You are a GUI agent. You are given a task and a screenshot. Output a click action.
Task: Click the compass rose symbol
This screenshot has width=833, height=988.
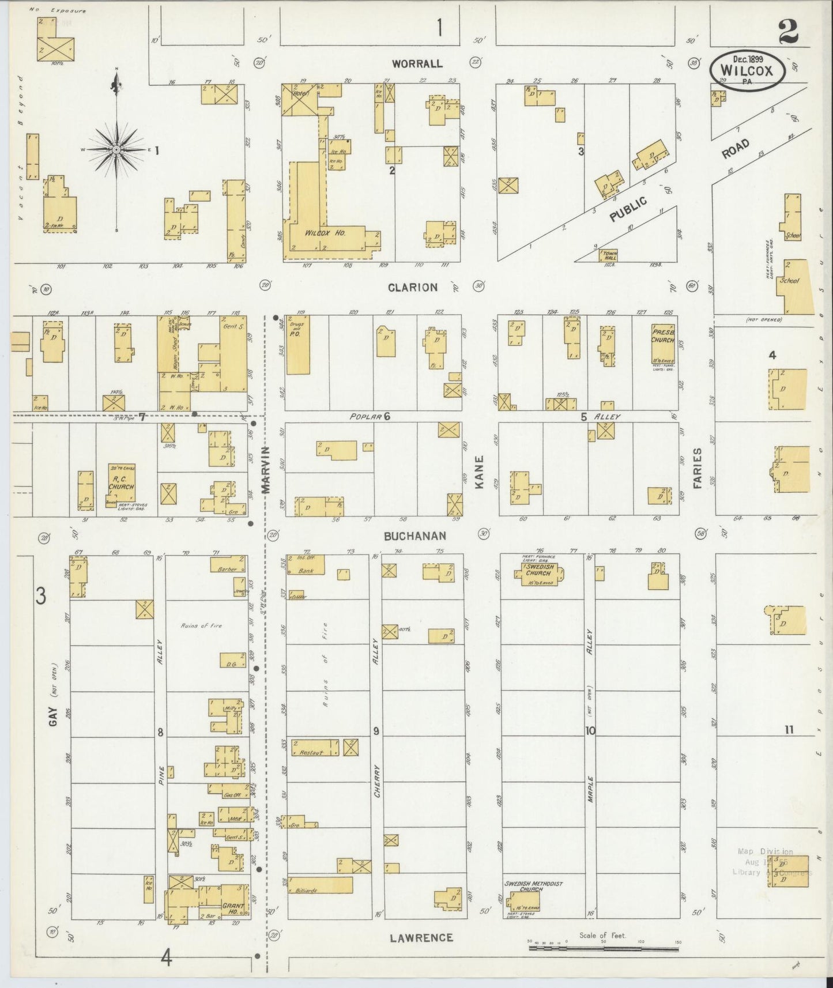116,149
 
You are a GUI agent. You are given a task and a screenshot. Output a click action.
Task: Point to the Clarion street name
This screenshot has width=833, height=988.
413,287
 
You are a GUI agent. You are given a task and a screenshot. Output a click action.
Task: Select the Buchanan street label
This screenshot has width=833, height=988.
415,536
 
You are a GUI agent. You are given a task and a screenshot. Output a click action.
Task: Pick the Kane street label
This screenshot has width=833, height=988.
480,473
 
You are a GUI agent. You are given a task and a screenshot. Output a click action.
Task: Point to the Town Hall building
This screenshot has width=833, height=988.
609,255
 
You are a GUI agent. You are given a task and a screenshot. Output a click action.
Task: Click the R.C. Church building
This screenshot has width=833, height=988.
122,485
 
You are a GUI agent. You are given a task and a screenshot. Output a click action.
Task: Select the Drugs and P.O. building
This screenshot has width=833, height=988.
298,345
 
